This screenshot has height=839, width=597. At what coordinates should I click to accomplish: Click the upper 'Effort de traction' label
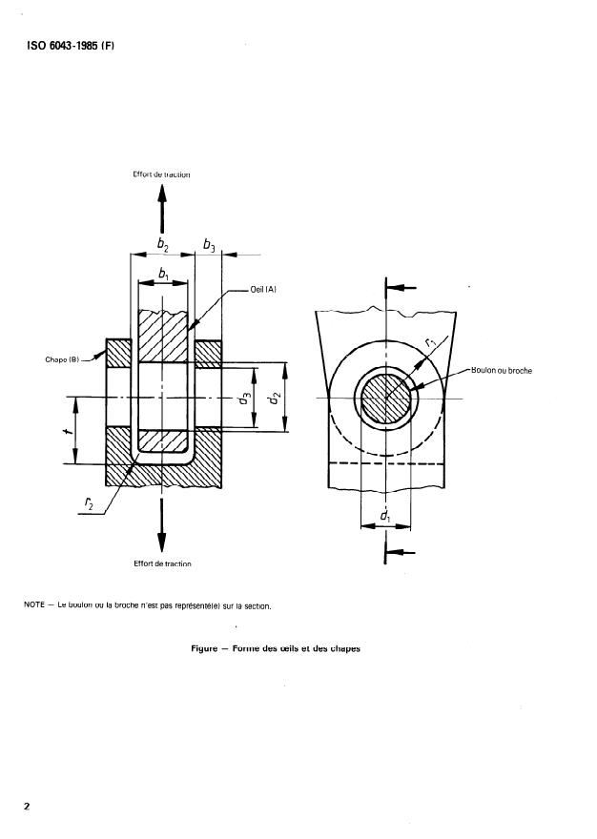(x=162, y=174)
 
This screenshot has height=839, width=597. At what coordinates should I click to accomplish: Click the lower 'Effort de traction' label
(x=162, y=563)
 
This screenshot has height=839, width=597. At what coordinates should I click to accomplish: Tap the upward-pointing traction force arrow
(x=162, y=204)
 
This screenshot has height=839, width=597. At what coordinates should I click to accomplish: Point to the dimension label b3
(x=208, y=245)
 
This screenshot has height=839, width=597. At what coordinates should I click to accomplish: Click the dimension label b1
(x=164, y=274)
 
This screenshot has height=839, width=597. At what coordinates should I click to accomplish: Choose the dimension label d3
(x=245, y=399)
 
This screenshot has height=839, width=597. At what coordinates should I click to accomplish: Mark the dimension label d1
(x=385, y=516)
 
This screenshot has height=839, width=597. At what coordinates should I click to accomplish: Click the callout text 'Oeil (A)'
(x=263, y=290)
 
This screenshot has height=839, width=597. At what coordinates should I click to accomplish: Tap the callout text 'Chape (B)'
(x=60, y=359)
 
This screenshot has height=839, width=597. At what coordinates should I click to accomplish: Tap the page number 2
(x=28, y=807)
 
